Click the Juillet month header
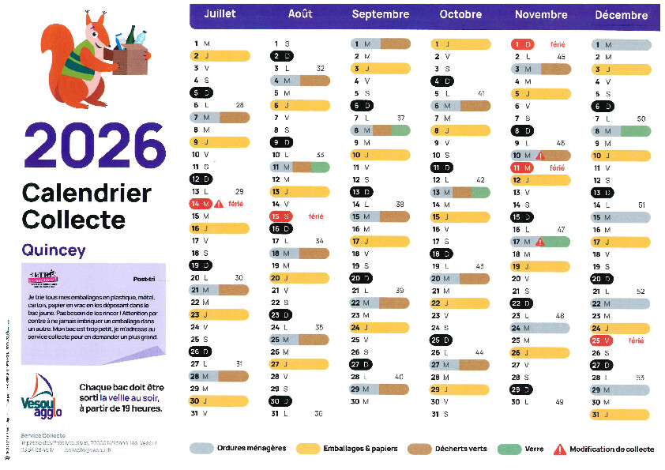(x=220, y=14)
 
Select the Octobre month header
(x=460, y=14)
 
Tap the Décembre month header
(x=621, y=14)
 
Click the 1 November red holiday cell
(x=522, y=44)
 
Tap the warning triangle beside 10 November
(x=541, y=156)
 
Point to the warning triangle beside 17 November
(x=541, y=242)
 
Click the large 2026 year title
(x=94, y=145)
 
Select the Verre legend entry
(x=521, y=449)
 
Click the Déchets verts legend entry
(x=447, y=449)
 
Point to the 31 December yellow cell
(x=621, y=414)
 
